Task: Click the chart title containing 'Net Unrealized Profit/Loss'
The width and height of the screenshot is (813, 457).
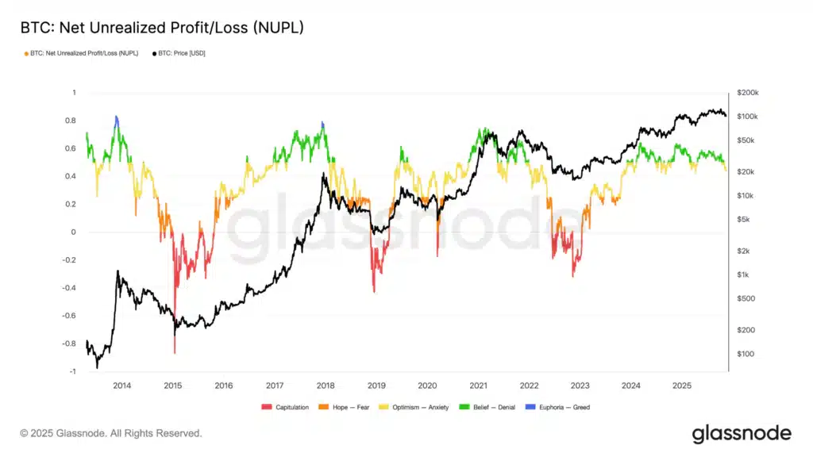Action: click(x=161, y=28)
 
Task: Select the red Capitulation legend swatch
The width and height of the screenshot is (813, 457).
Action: click(x=266, y=407)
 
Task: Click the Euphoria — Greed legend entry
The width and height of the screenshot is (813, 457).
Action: click(x=563, y=407)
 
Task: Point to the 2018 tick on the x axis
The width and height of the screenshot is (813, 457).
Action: click(x=326, y=386)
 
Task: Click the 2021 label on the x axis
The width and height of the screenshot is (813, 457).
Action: click(x=478, y=386)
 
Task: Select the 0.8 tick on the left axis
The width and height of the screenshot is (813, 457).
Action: click(x=71, y=121)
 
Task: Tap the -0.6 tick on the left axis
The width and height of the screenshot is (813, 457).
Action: click(x=68, y=316)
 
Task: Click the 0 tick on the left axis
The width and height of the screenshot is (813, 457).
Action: click(x=72, y=232)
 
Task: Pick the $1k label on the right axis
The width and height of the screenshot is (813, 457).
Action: click(x=743, y=275)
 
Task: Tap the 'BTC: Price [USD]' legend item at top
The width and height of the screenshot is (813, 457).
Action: click(x=179, y=53)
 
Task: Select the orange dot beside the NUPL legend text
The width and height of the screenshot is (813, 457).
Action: click(x=27, y=53)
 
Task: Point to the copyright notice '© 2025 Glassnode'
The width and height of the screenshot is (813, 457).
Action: click(x=111, y=433)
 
